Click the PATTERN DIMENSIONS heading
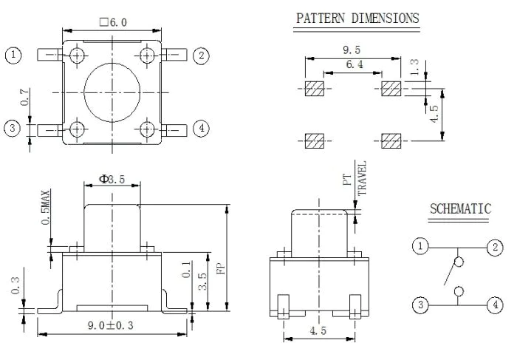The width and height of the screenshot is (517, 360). (x=357, y=18)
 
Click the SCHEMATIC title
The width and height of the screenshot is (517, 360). (x=460, y=209)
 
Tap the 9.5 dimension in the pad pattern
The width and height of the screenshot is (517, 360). (x=352, y=50)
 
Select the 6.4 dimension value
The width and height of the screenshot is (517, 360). (x=355, y=64)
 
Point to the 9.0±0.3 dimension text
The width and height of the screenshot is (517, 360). (x=111, y=325)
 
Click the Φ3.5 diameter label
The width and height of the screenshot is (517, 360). (x=112, y=180)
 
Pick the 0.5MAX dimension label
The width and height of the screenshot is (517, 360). (x=46, y=207)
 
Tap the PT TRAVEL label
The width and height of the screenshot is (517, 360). (x=355, y=178)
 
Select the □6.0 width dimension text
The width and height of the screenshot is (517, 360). (x=113, y=22)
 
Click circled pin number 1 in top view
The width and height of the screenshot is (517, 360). (x=13, y=55)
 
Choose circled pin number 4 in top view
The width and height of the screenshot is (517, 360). (x=201, y=128)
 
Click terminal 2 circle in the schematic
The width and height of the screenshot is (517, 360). (x=495, y=247)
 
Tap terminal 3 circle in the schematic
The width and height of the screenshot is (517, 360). (x=420, y=305)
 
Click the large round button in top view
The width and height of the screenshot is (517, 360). (x=112, y=92)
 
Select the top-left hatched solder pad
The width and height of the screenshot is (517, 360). (x=315, y=89)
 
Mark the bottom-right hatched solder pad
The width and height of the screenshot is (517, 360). (x=391, y=141)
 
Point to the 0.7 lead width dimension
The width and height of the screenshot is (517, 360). (x=24, y=98)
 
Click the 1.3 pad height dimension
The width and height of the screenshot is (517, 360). (x=414, y=67)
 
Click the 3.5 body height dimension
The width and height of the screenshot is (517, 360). (x=202, y=281)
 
